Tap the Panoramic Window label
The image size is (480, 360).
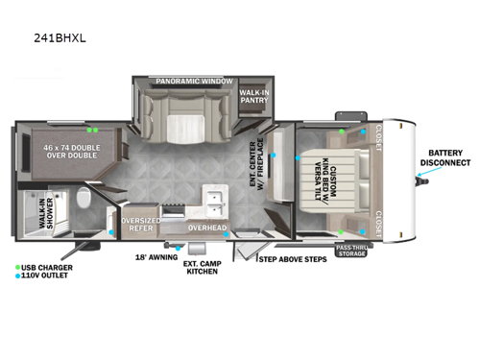194,82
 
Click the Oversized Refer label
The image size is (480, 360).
140,224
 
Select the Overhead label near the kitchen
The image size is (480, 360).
207,228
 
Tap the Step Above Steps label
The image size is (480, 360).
293,258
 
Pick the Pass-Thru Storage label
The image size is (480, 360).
351,252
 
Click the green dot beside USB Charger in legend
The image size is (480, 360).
18,266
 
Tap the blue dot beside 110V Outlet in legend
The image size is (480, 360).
18,276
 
